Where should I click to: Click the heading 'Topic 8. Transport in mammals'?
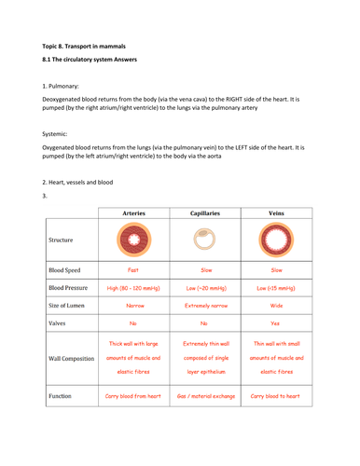click(x=87, y=44)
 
